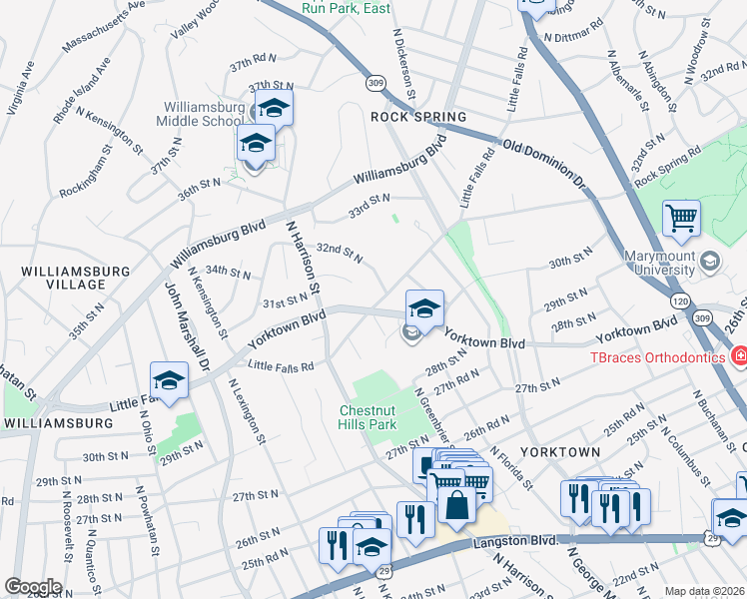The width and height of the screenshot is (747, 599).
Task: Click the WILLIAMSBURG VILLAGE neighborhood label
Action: (76, 278)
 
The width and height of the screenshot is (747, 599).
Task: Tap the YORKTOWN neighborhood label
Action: (560, 452)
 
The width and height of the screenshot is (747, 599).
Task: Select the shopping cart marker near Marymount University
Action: (681, 217)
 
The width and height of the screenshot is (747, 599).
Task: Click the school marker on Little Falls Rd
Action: (169, 380)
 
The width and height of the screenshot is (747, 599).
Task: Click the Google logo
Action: (32, 586)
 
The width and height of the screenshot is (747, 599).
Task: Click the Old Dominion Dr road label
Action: (543, 164)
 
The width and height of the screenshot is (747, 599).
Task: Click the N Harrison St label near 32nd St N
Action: (302, 259)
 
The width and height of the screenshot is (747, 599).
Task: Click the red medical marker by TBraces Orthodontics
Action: (739, 355)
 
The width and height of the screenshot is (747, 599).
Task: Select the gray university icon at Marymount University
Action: (709, 262)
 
